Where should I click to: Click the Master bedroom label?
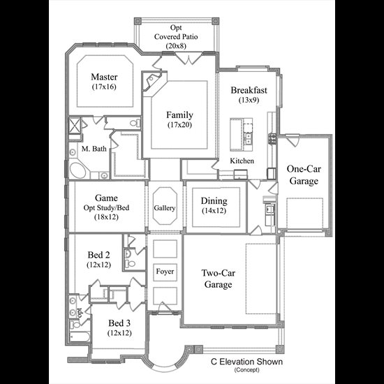pyautogui.click(x=104, y=77)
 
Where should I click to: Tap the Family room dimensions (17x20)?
pyautogui.click(x=179, y=125)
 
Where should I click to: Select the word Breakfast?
pyautogui.click(x=249, y=90)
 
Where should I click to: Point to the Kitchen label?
pyautogui.click(x=242, y=161)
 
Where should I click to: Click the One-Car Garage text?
pyautogui.click(x=304, y=175)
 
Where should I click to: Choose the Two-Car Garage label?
pyautogui.click(x=218, y=279)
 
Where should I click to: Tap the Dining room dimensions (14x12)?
pyautogui.click(x=214, y=211)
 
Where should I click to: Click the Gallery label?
pyautogui.click(x=165, y=208)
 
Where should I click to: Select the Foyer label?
pyautogui.click(x=165, y=272)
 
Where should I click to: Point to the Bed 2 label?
pyautogui.click(x=98, y=255)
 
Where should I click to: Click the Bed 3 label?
pyautogui.click(x=119, y=323)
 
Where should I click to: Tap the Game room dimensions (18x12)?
pyautogui.click(x=106, y=217)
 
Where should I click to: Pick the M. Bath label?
pyautogui.click(x=94, y=149)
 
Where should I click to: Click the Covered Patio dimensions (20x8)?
pyautogui.click(x=176, y=46)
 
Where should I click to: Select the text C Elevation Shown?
pyautogui.click(x=246, y=362)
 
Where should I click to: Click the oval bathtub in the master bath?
pyautogui.click(x=78, y=170)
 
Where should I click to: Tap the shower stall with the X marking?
pyautogui.click(x=75, y=126)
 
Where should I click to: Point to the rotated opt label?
pyautogui.click(x=80, y=313)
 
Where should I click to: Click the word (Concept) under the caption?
pyautogui.click(x=246, y=370)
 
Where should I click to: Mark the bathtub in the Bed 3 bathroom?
pyautogui.click(x=80, y=337)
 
